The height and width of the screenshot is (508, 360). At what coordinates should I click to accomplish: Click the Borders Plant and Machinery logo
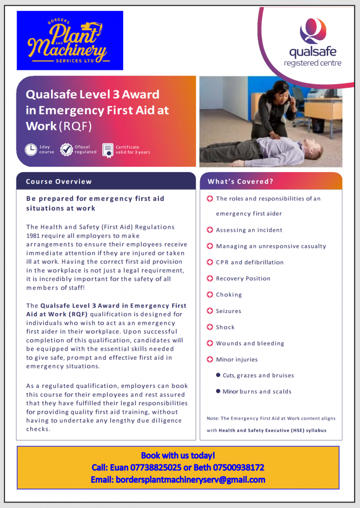(x=70, y=41)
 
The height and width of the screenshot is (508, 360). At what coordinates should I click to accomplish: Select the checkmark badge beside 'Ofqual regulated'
(x=67, y=149)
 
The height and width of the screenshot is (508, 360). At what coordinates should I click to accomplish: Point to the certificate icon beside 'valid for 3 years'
(x=107, y=149)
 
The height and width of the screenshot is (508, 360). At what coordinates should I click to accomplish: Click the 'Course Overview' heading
(x=59, y=182)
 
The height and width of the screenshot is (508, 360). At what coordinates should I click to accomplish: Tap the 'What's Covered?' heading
(x=240, y=182)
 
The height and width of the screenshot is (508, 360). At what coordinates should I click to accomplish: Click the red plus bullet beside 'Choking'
(x=210, y=295)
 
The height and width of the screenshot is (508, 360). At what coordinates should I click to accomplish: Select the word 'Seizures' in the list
(x=228, y=311)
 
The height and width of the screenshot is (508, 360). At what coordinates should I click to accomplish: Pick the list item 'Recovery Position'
(x=243, y=279)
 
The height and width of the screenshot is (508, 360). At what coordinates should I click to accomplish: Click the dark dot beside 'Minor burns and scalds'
(x=218, y=391)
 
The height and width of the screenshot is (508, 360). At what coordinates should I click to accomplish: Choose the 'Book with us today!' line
(x=178, y=455)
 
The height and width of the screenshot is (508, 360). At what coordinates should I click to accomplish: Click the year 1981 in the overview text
(x=33, y=236)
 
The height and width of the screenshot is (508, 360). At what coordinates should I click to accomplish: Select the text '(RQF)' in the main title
(x=75, y=126)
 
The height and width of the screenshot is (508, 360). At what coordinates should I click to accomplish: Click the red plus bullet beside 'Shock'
(x=210, y=327)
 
